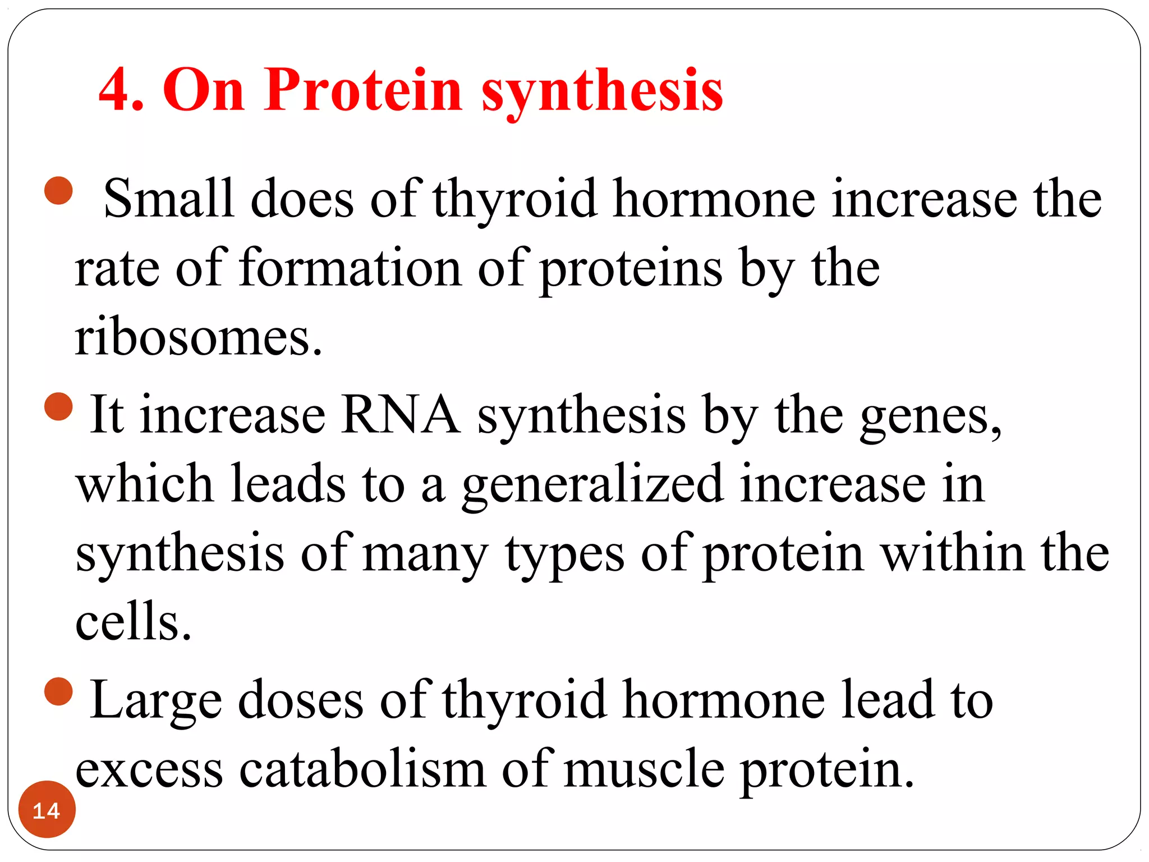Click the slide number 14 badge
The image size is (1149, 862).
47,810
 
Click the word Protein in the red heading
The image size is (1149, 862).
364,90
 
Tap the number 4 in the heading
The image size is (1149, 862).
116,90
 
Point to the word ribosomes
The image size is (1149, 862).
199,338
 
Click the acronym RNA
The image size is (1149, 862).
401,415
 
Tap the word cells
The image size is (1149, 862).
134,622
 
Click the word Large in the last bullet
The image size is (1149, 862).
156,700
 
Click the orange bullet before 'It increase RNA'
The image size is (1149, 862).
59,406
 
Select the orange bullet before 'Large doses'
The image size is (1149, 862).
59,691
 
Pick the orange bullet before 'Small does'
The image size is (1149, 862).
59,191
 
